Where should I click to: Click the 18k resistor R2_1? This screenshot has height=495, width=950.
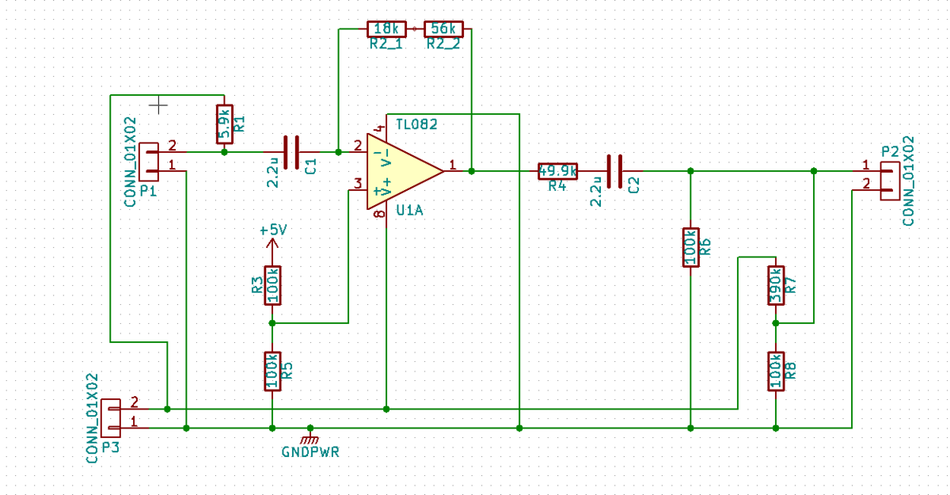pyautogui.click(x=386, y=29)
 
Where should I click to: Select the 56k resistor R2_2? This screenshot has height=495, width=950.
pyautogui.click(x=443, y=29)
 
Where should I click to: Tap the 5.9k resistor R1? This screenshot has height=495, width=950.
pyautogui.click(x=224, y=124)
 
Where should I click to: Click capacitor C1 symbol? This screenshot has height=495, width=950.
pyautogui.click(x=291, y=151)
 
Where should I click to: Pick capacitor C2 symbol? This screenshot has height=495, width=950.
pyautogui.click(x=614, y=171)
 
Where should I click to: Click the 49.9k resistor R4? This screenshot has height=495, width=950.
pyautogui.click(x=557, y=171)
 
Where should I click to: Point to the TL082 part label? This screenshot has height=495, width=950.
pyautogui.click(x=416, y=124)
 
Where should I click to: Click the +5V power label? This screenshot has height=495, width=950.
pyautogui.click(x=272, y=230)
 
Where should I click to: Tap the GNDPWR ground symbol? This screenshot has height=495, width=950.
pyautogui.click(x=310, y=438)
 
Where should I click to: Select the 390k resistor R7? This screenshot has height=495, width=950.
pyautogui.click(x=776, y=285)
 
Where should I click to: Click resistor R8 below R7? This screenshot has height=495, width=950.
pyautogui.click(x=776, y=371)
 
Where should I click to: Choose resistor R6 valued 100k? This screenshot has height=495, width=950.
pyautogui.click(x=690, y=247)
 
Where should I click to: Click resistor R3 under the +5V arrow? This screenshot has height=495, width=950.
pyautogui.click(x=272, y=285)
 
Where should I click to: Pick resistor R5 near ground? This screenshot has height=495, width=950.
pyautogui.click(x=272, y=371)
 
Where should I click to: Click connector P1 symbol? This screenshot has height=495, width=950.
pyautogui.click(x=148, y=161)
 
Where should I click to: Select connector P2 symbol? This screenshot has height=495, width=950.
pyautogui.click(x=891, y=180)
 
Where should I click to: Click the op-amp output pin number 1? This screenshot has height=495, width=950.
pyautogui.click(x=452, y=165)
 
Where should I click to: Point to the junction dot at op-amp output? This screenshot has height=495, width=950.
pyautogui.click(x=471, y=171)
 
